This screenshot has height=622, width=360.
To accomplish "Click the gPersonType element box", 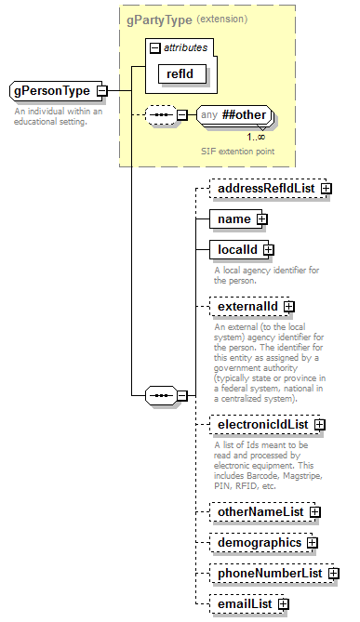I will click(52, 91).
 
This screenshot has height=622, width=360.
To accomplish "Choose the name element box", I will click(233, 219).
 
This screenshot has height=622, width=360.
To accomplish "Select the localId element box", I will click(238, 249).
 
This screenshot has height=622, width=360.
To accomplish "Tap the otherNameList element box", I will click(260, 511).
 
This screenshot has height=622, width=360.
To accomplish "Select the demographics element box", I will click(259, 542).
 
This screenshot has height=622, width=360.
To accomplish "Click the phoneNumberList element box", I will click(268, 574).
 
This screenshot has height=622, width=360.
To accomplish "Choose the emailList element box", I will click(244, 604).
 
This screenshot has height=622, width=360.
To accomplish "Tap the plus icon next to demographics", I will click(313, 543).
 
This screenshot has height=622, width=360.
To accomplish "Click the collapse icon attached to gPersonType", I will click(101, 91).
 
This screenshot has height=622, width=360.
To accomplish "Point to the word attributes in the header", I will click(186, 46).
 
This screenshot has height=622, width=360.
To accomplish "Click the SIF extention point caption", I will click(237, 151).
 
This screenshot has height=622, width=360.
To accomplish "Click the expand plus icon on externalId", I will click(289, 305).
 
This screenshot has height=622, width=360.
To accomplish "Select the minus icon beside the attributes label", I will click(154, 46).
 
